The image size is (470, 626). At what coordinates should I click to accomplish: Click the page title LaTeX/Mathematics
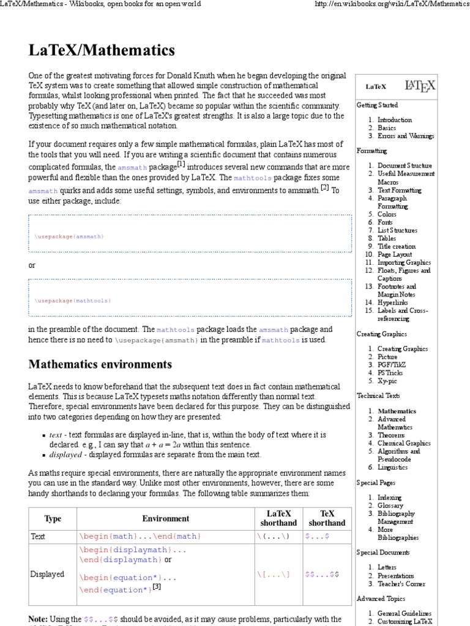(102, 50)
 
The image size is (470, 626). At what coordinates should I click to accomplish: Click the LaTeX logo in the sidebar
(420, 86)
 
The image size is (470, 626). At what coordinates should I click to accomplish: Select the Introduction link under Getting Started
(394, 120)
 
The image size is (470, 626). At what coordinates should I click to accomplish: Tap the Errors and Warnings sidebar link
(405, 136)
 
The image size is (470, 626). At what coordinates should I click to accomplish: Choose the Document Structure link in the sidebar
(405, 166)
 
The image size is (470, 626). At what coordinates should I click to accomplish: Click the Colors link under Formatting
(387, 215)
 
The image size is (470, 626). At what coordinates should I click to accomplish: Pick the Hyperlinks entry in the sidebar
(392, 302)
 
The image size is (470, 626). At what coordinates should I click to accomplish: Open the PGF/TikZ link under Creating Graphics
(391, 364)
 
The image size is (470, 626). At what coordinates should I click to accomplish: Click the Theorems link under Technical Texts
(391, 435)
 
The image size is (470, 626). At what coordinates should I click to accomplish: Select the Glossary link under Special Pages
(390, 506)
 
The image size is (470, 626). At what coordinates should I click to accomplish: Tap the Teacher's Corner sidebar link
(401, 584)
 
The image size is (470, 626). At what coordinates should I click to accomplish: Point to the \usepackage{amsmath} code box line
(69, 236)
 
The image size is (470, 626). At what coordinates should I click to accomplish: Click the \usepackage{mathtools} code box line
(73, 301)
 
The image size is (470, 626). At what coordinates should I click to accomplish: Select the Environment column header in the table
(166, 518)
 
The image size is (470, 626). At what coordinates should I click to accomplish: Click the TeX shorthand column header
(326, 518)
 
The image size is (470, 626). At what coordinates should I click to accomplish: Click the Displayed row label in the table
(47, 575)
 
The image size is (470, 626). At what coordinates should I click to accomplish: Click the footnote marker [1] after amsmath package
(181, 164)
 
